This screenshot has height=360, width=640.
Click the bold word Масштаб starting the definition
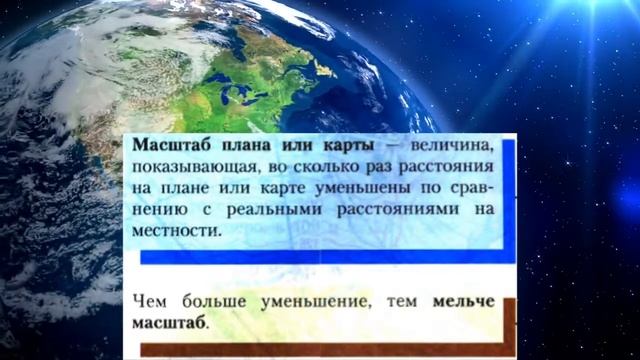[169, 146]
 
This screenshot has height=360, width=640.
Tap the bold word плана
[240, 146]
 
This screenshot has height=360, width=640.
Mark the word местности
[172, 232]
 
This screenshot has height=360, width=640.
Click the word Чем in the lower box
[146, 301]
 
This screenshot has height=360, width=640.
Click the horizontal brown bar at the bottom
[320, 349]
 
